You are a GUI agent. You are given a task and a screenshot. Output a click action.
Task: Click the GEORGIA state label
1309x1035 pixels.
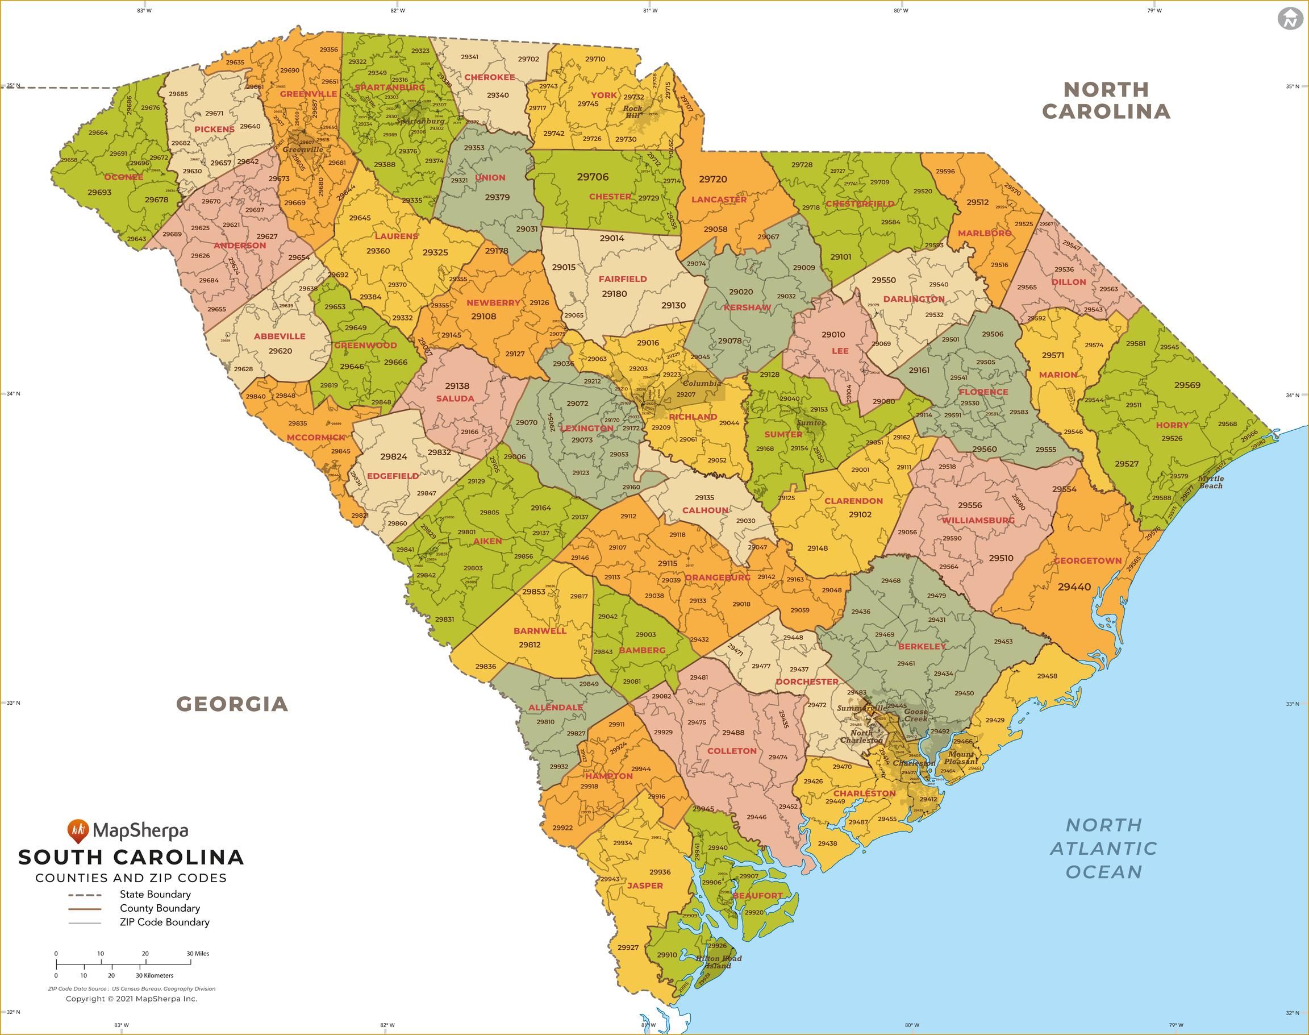(232, 704)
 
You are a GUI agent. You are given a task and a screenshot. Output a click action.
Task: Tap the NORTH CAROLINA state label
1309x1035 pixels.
(1106, 101)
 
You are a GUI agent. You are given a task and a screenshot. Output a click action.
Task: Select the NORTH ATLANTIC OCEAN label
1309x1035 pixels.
(1104, 849)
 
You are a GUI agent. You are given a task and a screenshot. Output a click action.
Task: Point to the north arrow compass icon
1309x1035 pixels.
(1290, 18)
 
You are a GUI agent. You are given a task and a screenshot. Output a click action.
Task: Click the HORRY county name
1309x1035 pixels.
(1172, 425)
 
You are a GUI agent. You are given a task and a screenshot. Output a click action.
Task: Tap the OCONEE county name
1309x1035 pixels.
(123, 177)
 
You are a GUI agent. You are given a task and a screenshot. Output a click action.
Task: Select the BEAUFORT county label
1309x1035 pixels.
(757, 896)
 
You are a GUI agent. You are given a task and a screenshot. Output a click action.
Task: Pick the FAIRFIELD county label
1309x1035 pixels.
(623, 279)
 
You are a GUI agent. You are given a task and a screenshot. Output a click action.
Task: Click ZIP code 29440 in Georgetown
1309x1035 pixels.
(1074, 587)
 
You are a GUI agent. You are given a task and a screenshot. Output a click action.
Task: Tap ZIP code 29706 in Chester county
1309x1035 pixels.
(593, 177)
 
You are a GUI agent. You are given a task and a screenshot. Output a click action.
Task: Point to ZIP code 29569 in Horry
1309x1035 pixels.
(1187, 385)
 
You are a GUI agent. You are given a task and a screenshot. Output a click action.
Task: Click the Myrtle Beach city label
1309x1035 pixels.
(1211, 483)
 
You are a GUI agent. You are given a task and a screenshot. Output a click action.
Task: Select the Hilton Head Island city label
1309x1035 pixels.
(718, 962)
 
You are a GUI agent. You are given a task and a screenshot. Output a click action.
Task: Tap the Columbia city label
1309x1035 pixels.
(702, 383)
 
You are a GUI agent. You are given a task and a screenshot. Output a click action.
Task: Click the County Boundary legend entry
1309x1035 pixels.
(160, 908)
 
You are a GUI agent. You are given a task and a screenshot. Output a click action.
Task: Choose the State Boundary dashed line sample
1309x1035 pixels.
(84, 895)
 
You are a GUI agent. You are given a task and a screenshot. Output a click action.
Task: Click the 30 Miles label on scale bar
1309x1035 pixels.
(198, 954)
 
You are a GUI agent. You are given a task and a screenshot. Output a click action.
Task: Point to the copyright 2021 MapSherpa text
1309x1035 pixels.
(131, 999)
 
